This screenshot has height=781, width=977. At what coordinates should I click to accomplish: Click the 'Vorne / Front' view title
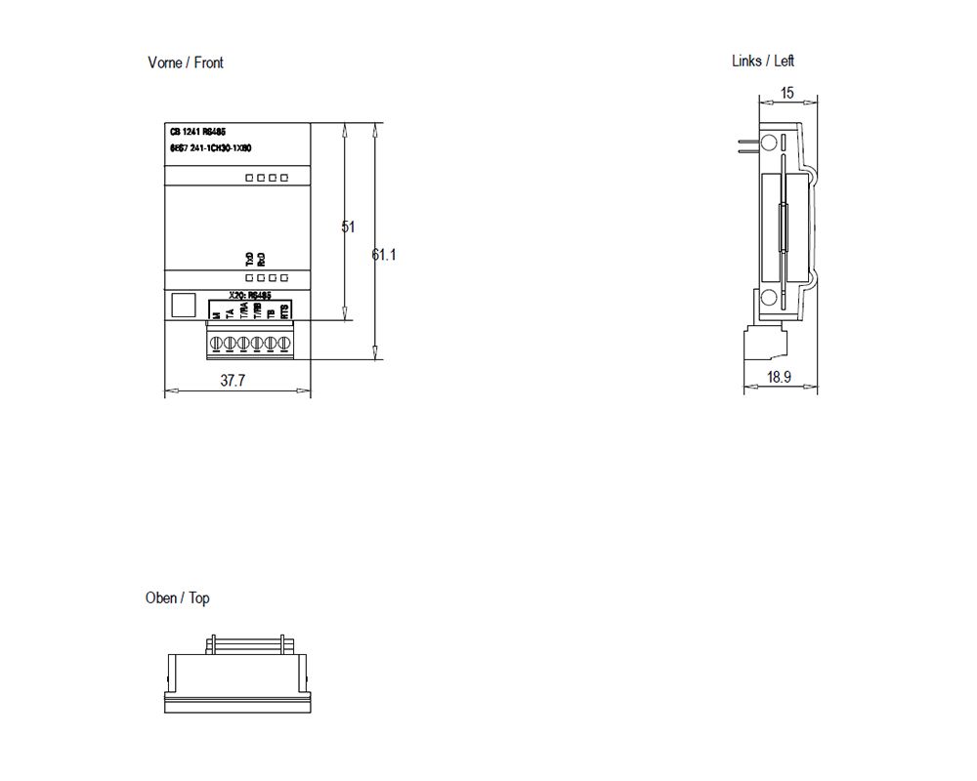coord(185,62)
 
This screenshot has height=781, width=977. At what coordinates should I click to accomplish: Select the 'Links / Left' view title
coord(762,61)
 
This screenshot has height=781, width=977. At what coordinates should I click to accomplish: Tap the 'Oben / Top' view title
coord(177,597)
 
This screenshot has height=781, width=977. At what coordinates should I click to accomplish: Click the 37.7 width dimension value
coord(232,382)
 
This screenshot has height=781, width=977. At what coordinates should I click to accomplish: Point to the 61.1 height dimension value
coord(384,255)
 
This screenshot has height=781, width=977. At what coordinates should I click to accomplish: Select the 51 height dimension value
coord(348,226)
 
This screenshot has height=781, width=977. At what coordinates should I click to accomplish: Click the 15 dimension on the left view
coord(787,94)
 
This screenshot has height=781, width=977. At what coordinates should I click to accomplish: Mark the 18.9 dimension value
coord(779,377)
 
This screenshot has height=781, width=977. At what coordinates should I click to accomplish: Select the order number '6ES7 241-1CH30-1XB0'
coord(211,147)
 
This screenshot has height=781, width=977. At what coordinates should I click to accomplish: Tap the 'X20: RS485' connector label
coord(249,294)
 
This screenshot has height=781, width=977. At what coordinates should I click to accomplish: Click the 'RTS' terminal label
coord(284,311)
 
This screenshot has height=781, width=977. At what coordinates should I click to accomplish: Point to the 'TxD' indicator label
coord(249,258)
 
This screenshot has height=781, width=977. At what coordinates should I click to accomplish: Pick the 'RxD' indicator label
coord(261,258)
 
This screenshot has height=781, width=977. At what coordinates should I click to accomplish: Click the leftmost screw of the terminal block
coord(217,344)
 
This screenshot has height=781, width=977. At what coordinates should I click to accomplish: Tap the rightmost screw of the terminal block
coord(284,344)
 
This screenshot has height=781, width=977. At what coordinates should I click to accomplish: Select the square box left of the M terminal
coord(182,305)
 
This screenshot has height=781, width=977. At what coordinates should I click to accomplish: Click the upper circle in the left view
coord(769,144)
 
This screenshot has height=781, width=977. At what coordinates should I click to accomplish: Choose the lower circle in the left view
coord(769,299)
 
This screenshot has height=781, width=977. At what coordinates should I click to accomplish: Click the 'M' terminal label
coord(216,314)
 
